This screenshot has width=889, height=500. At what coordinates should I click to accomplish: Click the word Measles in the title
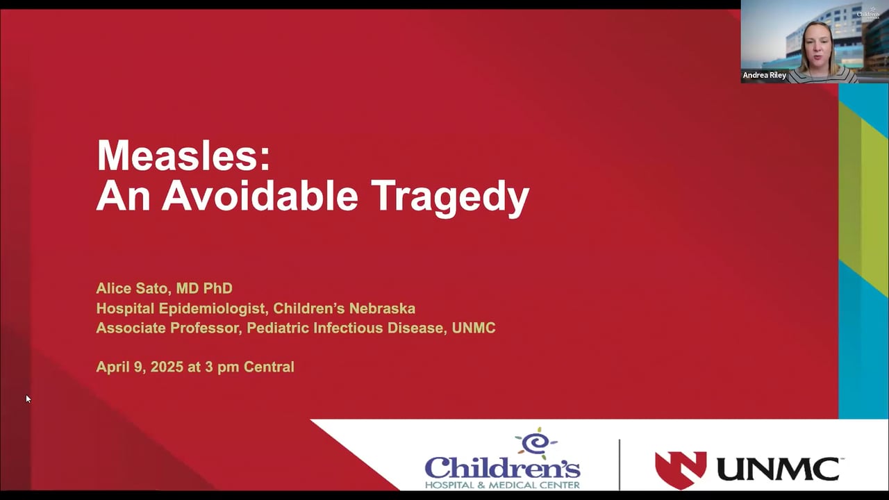click(183, 156)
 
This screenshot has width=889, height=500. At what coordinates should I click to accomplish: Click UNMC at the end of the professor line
click(474, 328)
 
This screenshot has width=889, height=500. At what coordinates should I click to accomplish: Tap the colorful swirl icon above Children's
click(535, 443)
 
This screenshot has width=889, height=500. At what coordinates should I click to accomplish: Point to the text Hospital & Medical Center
click(502, 484)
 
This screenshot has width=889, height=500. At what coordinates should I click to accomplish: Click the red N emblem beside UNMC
click(681, 469)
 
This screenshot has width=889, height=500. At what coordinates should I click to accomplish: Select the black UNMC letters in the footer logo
click(777, 469)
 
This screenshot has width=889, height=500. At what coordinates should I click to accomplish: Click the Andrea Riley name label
click(765, 75)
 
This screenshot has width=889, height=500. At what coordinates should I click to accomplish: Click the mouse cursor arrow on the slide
click(28, 399)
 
